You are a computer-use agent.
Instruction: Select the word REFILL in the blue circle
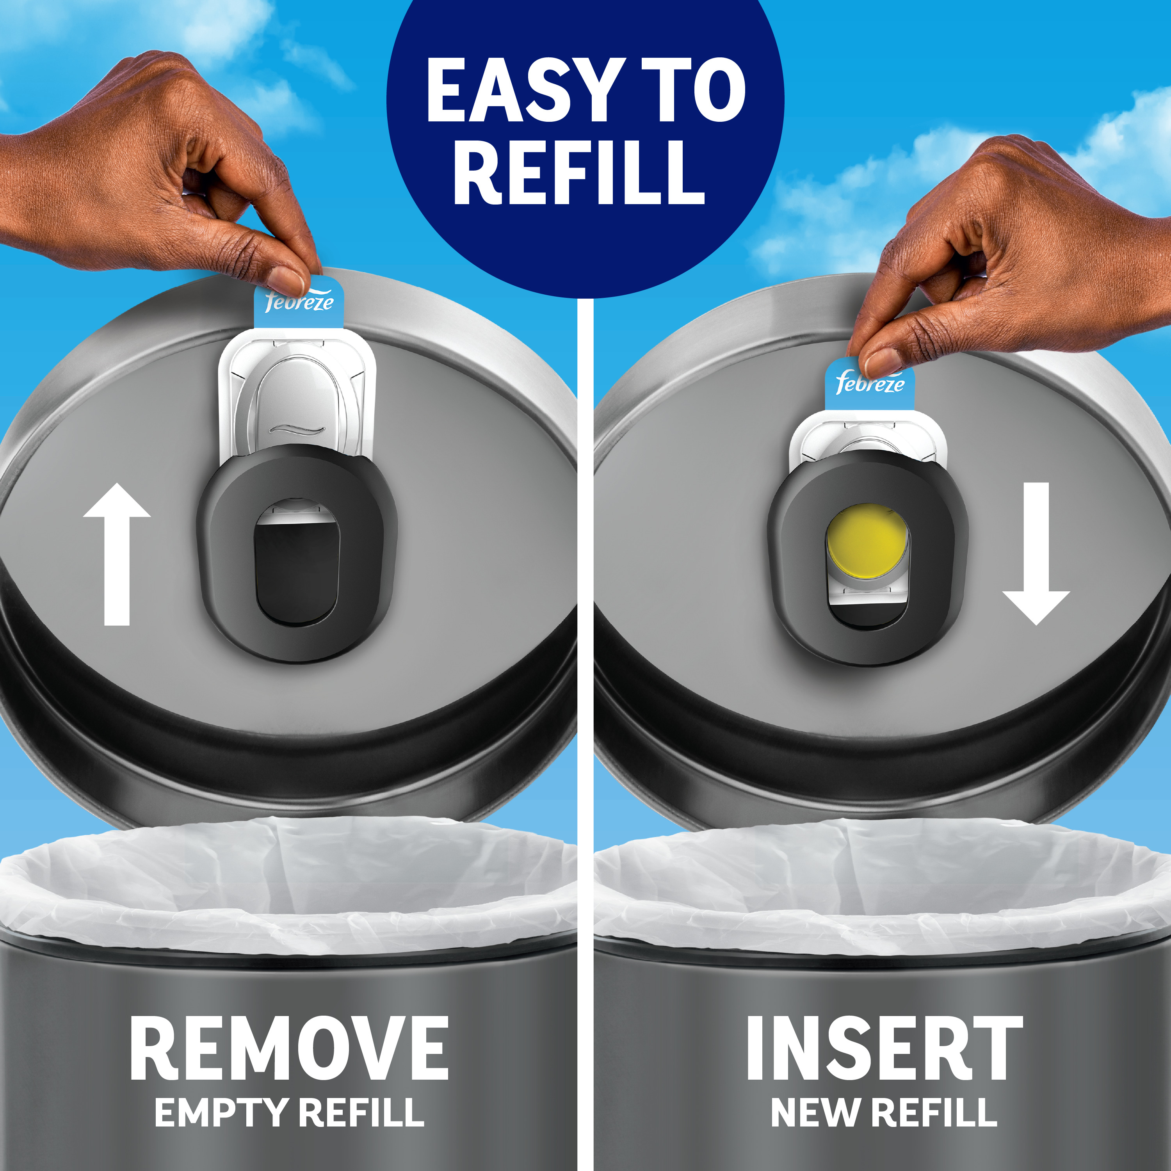click(x=579, y=173)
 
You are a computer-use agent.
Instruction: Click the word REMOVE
click(x=289, y=1048)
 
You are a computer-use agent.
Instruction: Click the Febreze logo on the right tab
click(x=870, y=383)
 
